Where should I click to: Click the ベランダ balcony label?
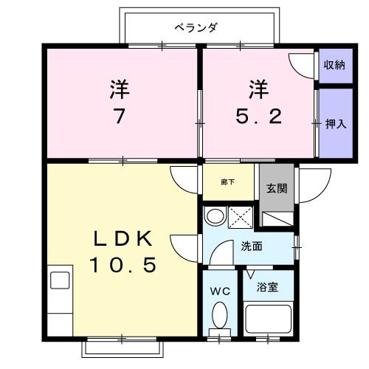(196, 28)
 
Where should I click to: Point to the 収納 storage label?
(334, 65)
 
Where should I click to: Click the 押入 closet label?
(335, 123)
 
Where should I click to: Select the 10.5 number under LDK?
(123, 265)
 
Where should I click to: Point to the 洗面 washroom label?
(252, 246)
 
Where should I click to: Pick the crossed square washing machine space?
(241, 218)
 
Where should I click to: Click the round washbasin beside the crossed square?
(215, 216)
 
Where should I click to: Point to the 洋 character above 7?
(120, 89)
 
